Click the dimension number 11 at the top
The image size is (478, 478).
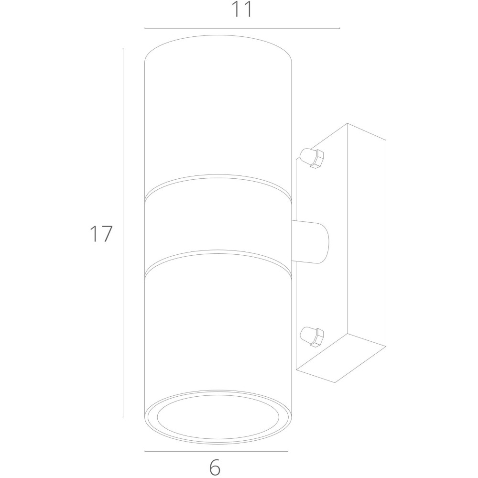(242, 9)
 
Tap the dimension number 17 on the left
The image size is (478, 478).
(101, 234)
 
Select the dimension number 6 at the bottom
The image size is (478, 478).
(215, 467)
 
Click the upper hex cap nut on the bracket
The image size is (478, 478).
(312, 158)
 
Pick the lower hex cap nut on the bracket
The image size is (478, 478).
(312, 337)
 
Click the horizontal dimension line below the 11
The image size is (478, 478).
(242, 28)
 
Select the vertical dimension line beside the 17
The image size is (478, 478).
(123, 233)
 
